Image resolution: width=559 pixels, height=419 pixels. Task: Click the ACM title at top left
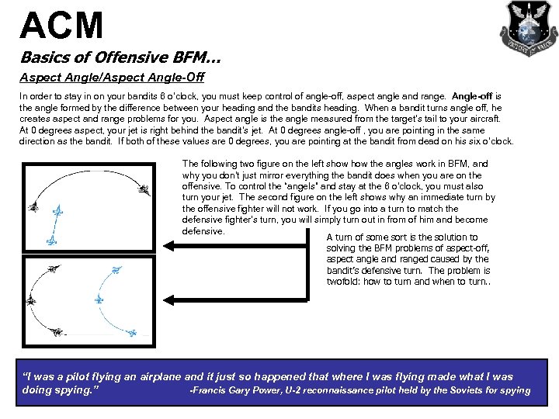(61, 25)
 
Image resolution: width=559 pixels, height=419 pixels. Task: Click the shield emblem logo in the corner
(527, 28)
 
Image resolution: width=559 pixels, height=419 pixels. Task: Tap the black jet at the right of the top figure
(144, 188)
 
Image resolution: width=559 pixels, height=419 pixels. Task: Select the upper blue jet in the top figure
(57, 211)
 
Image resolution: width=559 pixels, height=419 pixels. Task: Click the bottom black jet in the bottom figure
(56, 332)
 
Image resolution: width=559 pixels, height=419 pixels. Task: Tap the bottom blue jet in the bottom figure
(131, 332)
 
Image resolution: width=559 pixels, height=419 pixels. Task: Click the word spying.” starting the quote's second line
(73, 390)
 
